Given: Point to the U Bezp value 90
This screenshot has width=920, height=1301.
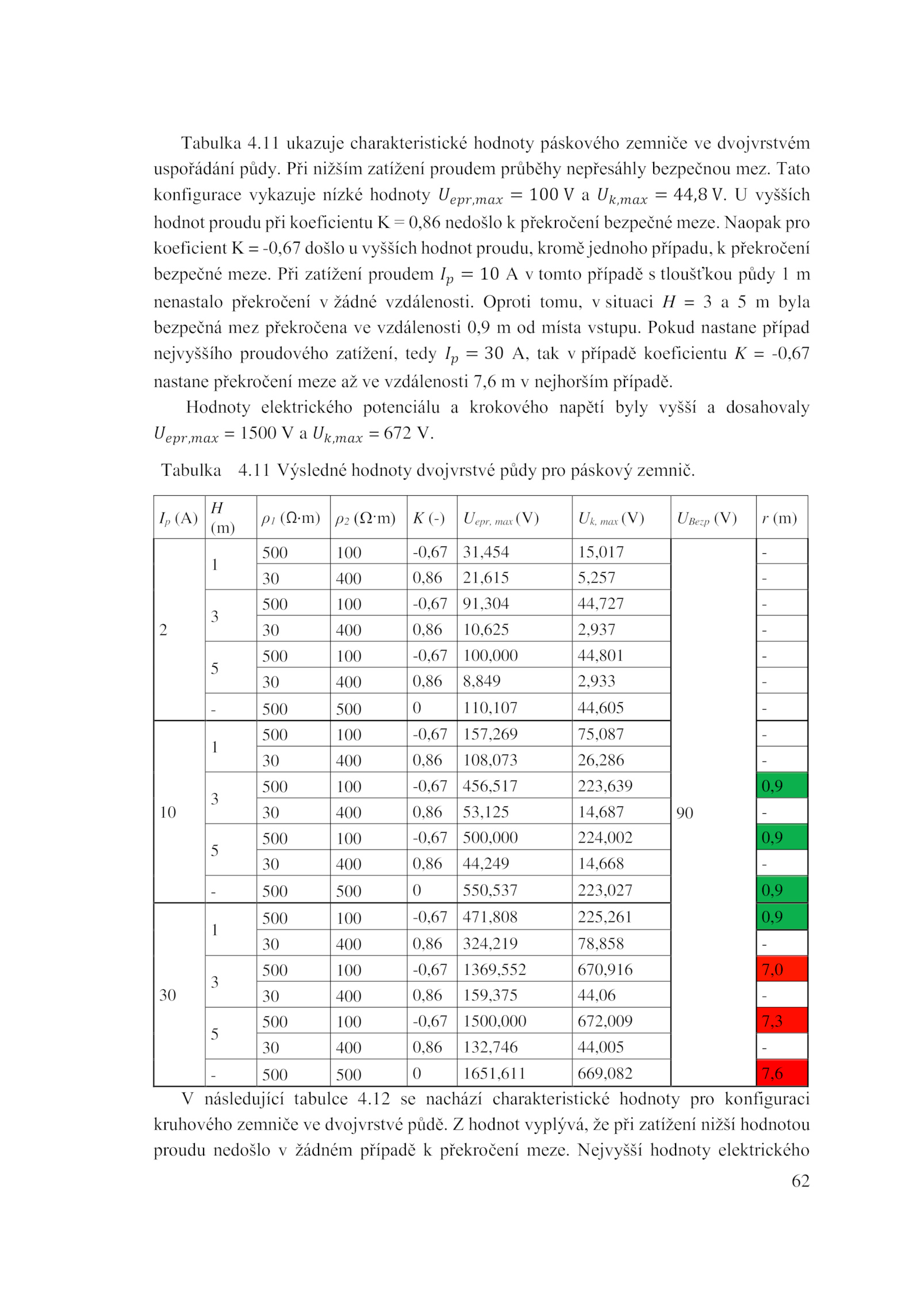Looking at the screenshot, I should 684,813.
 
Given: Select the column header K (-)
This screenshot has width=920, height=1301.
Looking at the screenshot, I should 428,518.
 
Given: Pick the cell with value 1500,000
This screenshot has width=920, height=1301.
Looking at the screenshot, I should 494,1021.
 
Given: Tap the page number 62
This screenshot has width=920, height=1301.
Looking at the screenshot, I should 800,1181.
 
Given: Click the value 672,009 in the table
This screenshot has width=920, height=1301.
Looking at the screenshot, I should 604,1021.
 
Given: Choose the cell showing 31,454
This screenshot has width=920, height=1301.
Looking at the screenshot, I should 485,552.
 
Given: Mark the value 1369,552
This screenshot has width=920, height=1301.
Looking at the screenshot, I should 494,970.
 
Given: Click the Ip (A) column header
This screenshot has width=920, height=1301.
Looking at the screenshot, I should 178,518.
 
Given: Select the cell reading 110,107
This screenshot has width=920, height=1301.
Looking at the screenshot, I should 490,707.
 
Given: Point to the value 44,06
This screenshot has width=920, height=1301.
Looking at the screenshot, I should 596,995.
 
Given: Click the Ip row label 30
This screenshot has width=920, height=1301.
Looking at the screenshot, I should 167,995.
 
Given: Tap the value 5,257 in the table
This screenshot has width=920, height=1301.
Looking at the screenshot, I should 596,577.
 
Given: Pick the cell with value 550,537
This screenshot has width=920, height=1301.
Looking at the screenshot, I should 490,890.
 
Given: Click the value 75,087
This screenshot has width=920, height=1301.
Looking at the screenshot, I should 600,734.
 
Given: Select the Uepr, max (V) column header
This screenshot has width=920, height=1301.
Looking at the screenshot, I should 500,518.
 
